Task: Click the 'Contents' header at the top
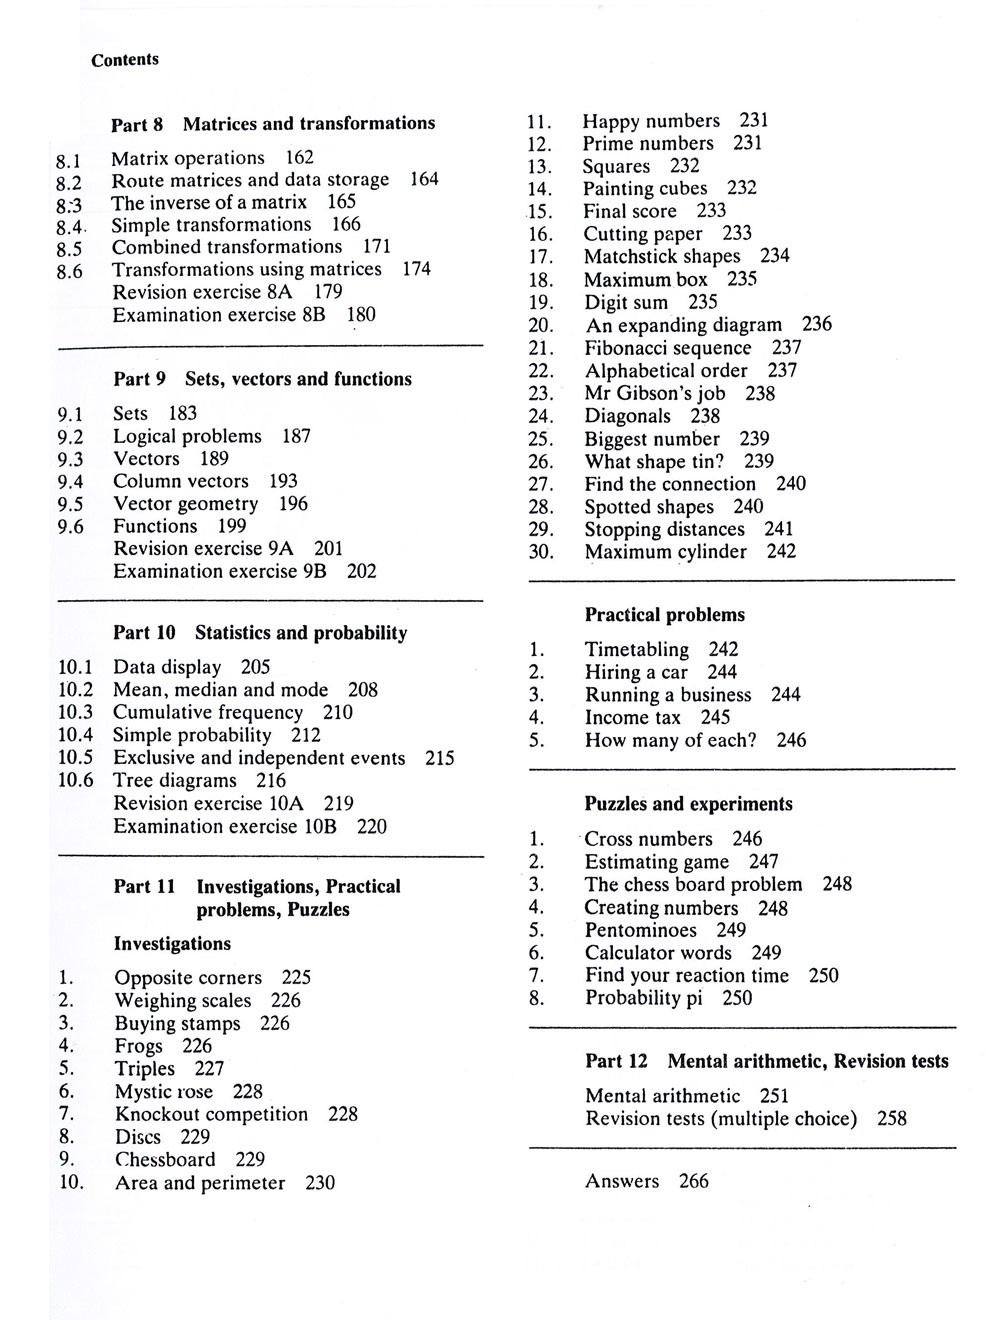125,60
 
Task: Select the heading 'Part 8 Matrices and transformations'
273,124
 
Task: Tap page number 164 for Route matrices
424,180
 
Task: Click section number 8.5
69,249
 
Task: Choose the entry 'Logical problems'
187,437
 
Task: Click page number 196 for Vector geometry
293,504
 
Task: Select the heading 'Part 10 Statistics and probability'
260,633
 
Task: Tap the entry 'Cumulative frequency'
208,713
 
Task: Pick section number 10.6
75,781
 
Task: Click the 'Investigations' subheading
172,944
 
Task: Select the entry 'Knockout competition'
211,1115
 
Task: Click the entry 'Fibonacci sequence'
668,348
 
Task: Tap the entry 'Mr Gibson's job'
655,394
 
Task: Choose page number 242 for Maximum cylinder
781,552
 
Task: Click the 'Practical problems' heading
665,615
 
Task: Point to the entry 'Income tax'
632,718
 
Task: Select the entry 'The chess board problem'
693,885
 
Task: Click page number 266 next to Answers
693,1182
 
